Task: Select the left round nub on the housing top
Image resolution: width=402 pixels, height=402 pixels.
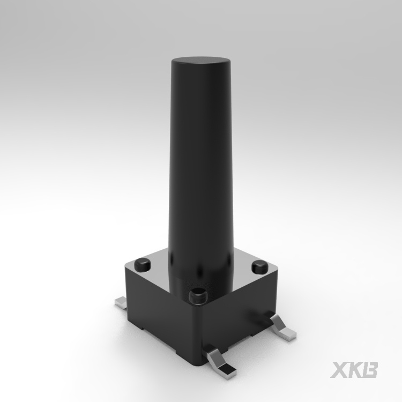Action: coord(143,265)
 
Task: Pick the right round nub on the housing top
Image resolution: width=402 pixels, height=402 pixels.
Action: coord(260,266)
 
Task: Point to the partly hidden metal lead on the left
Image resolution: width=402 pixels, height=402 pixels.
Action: coord(121,302)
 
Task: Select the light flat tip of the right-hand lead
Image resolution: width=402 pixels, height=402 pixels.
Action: coord(287,332)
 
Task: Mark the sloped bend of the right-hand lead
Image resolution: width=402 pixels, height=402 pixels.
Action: coord(277,323)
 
